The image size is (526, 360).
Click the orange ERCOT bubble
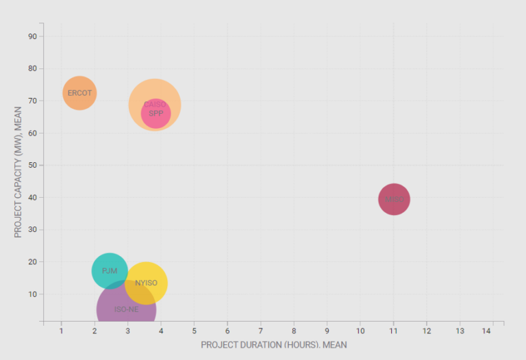click(79, 93)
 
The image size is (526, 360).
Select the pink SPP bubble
click(156, 114)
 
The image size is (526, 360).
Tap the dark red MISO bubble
click(394, 200)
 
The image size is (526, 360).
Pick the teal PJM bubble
click(110, 271)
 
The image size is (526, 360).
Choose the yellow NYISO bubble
click(147, 283)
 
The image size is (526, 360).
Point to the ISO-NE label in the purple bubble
click(126, 309)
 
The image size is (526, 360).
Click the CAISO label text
click(154, 104)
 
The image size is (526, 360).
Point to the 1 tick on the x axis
click(61, 331)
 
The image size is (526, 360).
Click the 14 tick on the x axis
click(487, 331)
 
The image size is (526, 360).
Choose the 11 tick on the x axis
click(394, 331)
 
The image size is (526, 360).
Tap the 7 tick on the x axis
click(261, 331)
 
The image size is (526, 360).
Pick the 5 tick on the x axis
click(194, 331)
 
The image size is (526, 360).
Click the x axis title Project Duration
click(273, 345)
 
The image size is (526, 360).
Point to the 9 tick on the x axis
click(327, 331)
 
